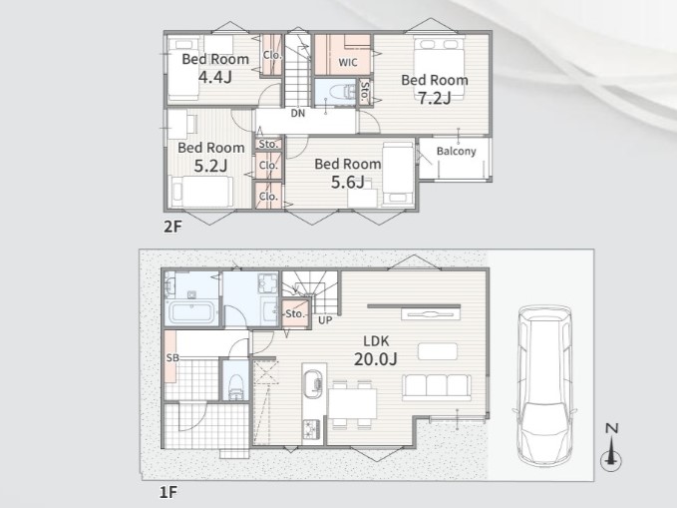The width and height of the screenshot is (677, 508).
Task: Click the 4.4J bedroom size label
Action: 215,77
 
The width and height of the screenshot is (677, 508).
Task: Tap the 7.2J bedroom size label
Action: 435,98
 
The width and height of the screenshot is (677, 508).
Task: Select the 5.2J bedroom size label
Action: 210,166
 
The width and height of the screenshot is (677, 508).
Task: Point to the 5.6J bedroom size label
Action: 348,182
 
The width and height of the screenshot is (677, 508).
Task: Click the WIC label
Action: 348,62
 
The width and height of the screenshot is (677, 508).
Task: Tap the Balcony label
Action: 457,151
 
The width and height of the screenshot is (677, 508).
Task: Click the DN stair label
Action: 298,113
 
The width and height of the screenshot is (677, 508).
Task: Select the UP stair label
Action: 325,320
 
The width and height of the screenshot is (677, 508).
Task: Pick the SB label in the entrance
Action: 172,358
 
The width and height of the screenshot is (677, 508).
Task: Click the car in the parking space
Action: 544,384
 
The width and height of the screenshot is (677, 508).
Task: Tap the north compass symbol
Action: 611,447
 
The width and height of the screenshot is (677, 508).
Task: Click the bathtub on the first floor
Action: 190,312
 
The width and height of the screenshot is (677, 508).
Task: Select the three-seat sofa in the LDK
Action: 437,387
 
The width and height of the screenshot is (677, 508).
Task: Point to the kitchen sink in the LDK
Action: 313,381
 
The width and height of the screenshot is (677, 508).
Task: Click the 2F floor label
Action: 172,227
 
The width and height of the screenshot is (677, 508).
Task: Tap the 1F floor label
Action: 169,492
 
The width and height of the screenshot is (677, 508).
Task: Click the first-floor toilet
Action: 235,385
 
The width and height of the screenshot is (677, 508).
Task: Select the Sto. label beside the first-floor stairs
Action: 295,313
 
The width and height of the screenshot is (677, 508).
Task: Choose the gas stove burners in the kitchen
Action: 312,429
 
